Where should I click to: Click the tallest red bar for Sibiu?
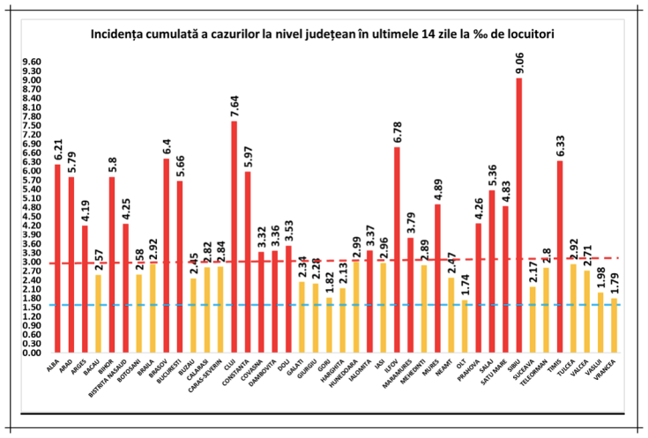519,215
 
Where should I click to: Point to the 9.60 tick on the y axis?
32,63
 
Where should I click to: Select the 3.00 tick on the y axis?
32,262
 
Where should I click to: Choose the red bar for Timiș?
559,256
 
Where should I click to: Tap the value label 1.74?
465,284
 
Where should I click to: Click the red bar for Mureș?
437,278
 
